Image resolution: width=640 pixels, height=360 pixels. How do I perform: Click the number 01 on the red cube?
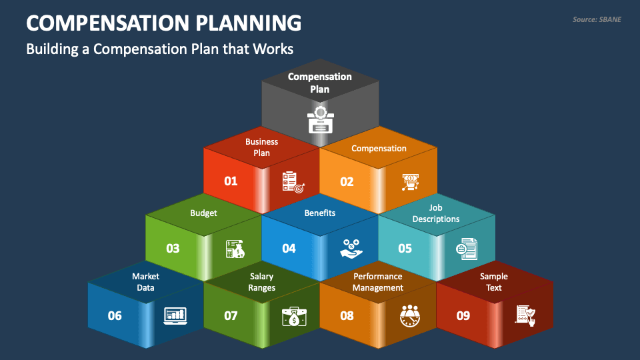pos(231,181)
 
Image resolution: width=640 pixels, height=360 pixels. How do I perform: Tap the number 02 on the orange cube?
pos(347,181)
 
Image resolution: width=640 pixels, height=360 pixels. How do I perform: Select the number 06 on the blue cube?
pos(115,315)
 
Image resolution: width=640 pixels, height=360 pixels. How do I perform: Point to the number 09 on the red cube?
pos(463,315)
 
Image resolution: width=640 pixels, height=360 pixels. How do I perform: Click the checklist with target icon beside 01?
pos(293,182)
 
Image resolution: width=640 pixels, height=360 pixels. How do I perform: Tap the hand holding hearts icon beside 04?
pos(351,249)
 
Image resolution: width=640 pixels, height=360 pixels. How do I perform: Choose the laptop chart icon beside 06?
pos(175,316)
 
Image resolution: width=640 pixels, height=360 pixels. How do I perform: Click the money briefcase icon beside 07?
pos(294,316)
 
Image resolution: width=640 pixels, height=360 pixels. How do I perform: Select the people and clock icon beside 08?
pos(410,315)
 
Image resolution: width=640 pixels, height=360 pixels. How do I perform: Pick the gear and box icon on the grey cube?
pos(321,120)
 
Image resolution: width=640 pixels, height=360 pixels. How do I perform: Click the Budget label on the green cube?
pos(203,213)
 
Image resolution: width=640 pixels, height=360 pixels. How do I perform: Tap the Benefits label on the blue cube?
pos(319,213)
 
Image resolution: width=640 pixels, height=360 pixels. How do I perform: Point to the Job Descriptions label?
pos(436,213)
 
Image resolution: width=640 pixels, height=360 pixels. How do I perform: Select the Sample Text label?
pos(494,282)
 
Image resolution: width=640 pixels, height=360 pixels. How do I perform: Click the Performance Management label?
pos(378,282)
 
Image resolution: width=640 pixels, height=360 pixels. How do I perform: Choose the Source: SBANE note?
pos(597,19)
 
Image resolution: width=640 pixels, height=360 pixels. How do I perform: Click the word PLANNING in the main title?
pos(248,23)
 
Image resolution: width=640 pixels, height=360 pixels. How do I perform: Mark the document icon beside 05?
pos(467,249)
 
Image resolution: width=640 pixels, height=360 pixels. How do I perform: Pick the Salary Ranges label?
pos(261,282)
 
